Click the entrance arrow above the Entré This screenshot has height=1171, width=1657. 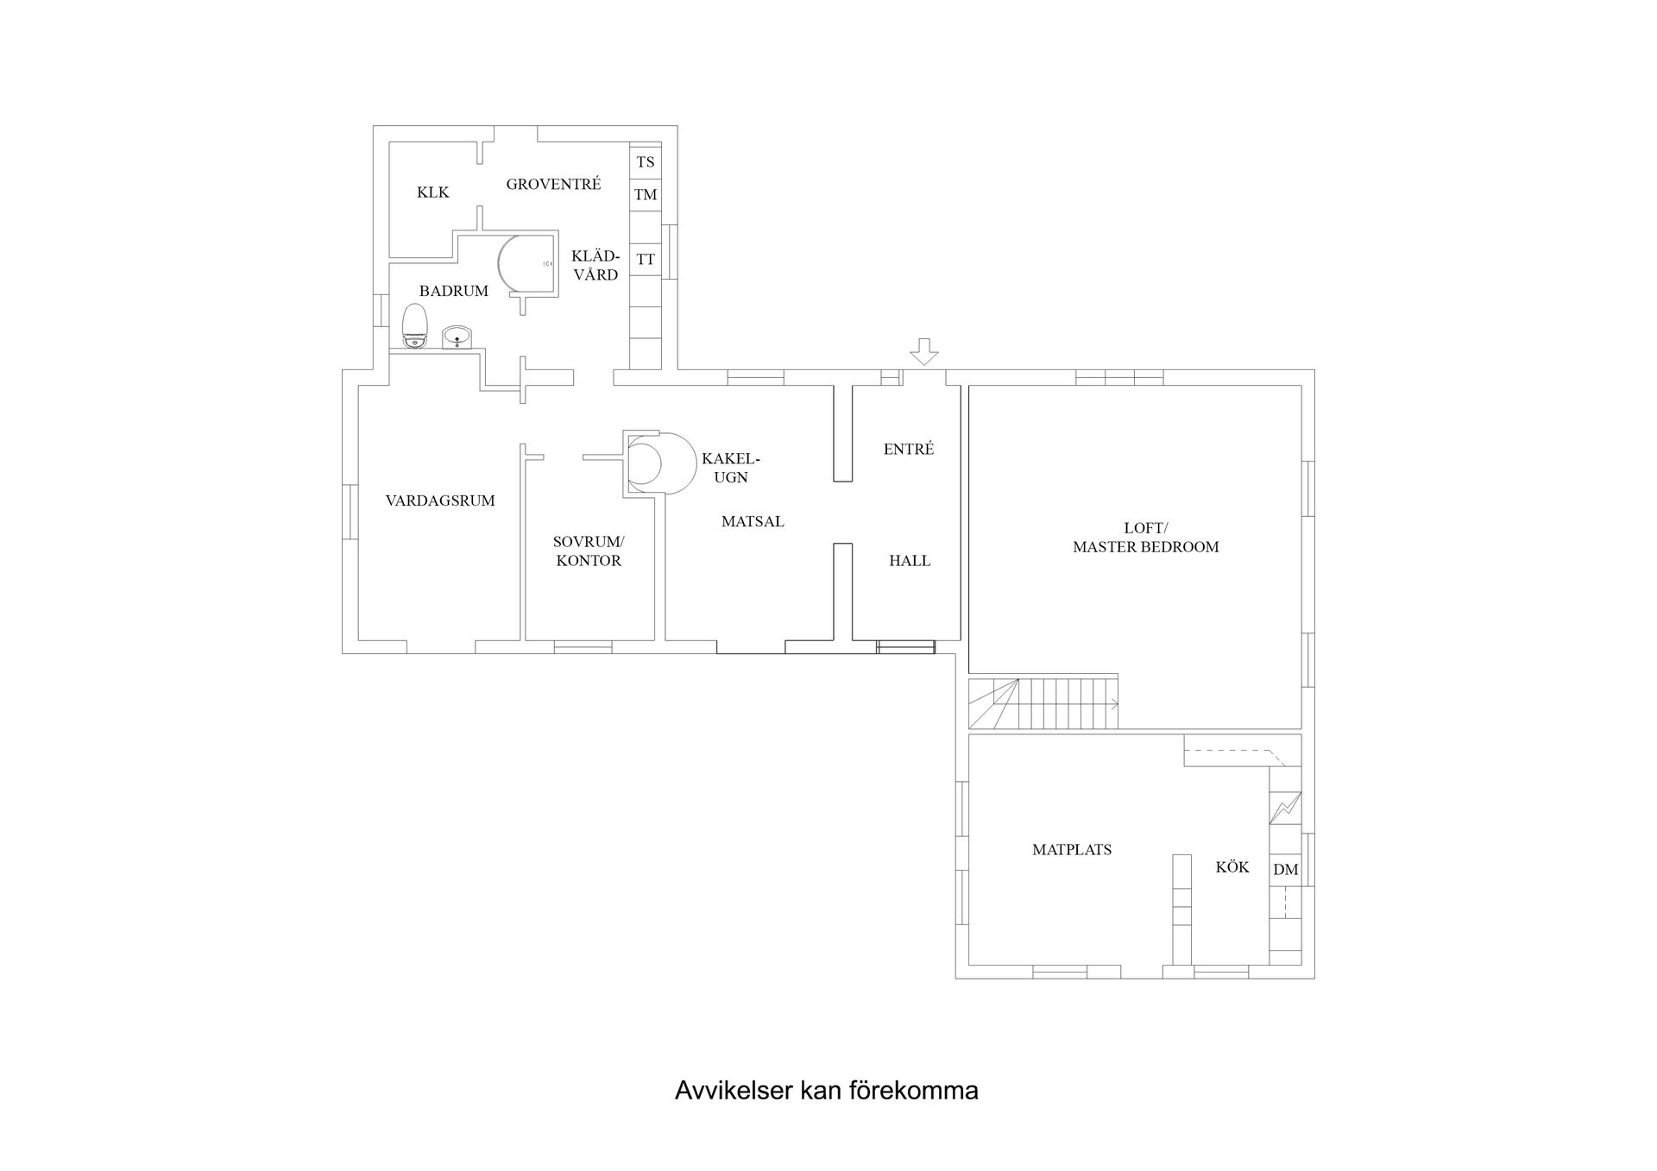[x=924, y=351]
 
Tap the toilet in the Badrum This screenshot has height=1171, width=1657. [x=415, y=326]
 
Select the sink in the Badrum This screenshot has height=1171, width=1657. [x=457, y=337]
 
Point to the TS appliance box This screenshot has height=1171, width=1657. [x=646, y=161]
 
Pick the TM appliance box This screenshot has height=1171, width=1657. [x=646, y=194]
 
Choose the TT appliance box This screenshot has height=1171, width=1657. [x=646, y=259]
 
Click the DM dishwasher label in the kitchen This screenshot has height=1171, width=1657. [x=1285, y=870]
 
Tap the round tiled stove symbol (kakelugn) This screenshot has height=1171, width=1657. [x=659, y=463]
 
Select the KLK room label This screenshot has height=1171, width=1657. [x=433, y=192]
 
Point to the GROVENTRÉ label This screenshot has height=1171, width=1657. [x=553, y=184]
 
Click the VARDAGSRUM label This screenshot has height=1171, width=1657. [x=440, y=501]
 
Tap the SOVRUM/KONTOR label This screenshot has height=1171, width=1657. [x=589, y=551]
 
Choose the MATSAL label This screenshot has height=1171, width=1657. [x=753, y=521]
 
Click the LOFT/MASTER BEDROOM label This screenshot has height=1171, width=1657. [x=1146, y=537]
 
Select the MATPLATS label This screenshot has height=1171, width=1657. [x=1072, y=850]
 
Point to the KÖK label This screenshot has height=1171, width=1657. [x=1232, y=867]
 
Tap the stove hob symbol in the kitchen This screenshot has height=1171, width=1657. [x=1285, y=808]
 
